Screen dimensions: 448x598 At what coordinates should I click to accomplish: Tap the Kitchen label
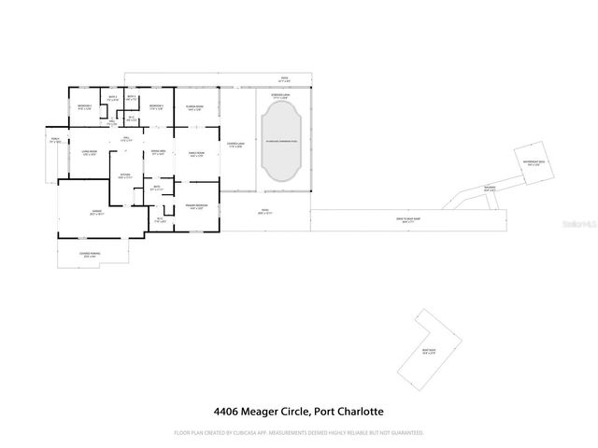[121, 175]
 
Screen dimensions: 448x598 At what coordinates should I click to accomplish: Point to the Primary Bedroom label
[196, 206]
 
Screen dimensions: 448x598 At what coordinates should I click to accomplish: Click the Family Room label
[198, 155]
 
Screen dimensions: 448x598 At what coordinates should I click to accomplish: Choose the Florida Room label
[194, 108]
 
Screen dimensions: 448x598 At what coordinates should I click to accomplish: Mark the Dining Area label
[158, 152]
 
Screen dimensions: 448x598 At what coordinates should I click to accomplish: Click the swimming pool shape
[280, 142]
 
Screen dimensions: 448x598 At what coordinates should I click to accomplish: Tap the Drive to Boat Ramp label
[408, 220]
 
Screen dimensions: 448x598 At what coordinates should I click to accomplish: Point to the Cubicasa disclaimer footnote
[299, 433]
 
